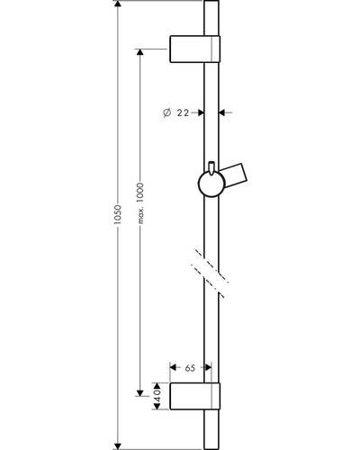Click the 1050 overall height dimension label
point(117,215)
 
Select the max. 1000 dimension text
point(140,203)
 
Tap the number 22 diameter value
point(183,112)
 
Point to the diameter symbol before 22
point(167,112)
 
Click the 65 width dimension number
point(190,368)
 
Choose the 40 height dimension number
point(157,396)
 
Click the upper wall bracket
point(195,49)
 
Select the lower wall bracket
point(195,396)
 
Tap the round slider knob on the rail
point(211,184)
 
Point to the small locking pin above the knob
point(211,167)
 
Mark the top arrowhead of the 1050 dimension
point(118,4)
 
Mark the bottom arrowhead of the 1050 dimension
point(118,445)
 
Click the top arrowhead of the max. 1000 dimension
point(139,52)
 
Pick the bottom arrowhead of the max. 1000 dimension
point(139,392)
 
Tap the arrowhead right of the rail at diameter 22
point(222,112)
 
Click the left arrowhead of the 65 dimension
point(174,367)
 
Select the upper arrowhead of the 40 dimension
point(157,386)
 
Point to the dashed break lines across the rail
point(210,273)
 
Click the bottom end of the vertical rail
point(211,449)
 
